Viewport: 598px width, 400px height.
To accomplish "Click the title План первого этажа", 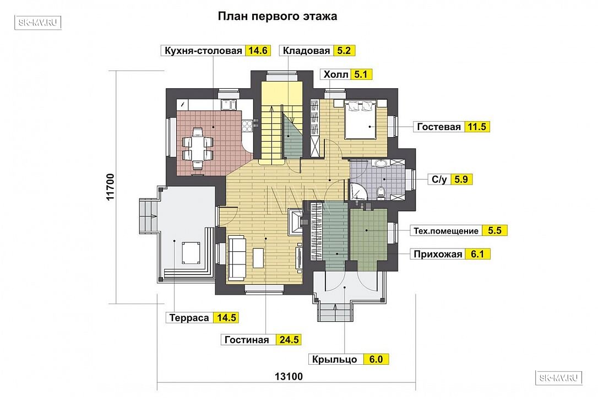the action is (278, 16).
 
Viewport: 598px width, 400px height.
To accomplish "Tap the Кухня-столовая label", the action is (203, 51).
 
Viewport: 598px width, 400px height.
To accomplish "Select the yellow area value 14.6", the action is (258, 51).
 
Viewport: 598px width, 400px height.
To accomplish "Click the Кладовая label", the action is (306, 51).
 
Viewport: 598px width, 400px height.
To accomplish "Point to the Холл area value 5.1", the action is (361, 74).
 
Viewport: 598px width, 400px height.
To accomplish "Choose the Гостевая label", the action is (439, 127).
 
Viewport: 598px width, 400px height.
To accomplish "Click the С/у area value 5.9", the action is (461, 179).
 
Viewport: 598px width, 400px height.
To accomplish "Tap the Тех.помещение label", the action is (446, 231).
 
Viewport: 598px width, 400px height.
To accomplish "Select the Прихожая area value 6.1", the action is (477, 254).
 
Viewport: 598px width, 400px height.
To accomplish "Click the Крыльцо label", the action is (334, 360).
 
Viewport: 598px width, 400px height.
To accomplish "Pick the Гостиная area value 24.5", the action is (289, 340).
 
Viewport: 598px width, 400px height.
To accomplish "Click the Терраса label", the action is (189, 317).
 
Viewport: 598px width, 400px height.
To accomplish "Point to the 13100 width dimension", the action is (289, 377).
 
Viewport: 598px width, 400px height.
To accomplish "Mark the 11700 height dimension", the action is (110, 187).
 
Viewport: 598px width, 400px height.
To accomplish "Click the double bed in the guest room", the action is (361, 119).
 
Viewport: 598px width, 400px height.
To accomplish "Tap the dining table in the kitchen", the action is (198, 149).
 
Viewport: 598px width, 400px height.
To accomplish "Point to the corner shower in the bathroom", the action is (358, 192).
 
